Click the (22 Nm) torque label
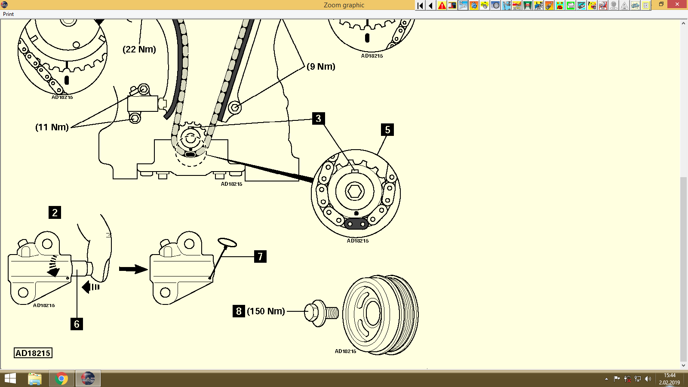tap(139, 49)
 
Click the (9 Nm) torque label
tap(321, 67)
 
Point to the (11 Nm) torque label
tap(52, 127)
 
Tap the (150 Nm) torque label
tap(266, 311)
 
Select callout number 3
tap(318, 119)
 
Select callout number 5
tap(387, 130)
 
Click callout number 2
tap(55, 212)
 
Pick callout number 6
tap(77, 324)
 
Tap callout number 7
tap(260, 257)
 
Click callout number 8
tap(239, 311)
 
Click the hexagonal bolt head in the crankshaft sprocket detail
tap(355, 191)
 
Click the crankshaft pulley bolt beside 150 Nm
tap(320, 313)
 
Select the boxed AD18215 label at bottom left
tap(33, 353)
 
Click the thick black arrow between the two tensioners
tap(133, 269)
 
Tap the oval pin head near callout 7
tap(227, 243)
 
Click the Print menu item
tap(8, 14)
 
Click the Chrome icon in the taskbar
tap(61, 379)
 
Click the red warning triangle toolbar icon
tap(442, 6)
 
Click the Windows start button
tap(10, 379)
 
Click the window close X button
tap(678, 4)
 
